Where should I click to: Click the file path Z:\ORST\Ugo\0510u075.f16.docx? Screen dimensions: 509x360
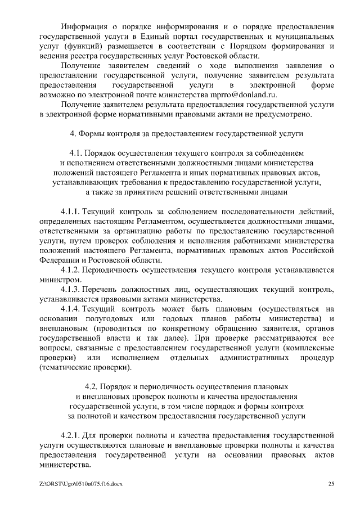(82, 483)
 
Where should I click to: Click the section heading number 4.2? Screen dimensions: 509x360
(92, 387)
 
